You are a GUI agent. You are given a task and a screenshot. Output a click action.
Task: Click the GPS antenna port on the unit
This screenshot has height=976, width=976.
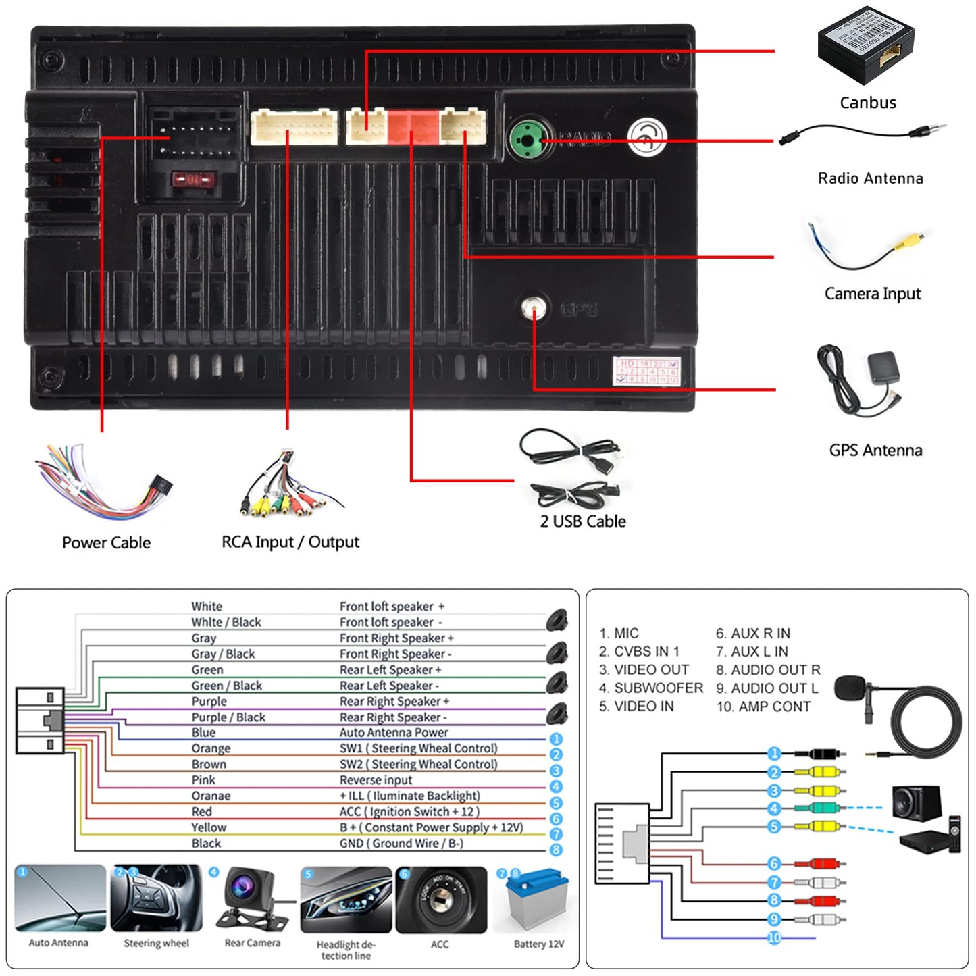pyautogui.click(x=534, y=309)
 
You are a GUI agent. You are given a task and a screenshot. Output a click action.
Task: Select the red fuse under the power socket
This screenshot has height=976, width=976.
pyautogui.click(x=192, y=180)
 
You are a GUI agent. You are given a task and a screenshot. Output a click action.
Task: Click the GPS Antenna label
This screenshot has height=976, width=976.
pyautogui.click(x=875, y=450)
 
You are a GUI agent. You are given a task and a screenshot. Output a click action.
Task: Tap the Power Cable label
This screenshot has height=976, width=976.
pyautogui.click(x=106, y=542)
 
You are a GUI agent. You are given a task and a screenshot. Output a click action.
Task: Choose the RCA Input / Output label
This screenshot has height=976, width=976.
pyautogui.click(x=290, y=542)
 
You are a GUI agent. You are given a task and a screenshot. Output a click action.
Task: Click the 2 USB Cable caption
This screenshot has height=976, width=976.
pyautogui.click(x=582, y=521)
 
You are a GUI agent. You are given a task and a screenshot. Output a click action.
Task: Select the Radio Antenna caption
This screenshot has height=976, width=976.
pyautogui.click(x=870, y=178)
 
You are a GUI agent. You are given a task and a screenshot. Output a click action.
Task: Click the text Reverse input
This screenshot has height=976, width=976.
pyautogui.click(x=376, y=780)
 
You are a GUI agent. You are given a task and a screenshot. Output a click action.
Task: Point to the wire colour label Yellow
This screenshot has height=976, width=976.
pyautogui.click(x=209, y=827)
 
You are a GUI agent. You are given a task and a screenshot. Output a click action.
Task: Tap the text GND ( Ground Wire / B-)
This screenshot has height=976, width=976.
pyautogui.click(x=401, y=844)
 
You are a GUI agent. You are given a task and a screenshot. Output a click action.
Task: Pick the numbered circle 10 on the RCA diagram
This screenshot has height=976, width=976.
pyautogui.click(x=774, y=938)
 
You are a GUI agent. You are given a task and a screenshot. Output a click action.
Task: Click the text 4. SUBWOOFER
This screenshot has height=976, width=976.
pyautogui.click(x=651, y=688)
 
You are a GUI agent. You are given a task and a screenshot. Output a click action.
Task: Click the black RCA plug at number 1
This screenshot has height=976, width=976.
pyautogui.click(x=820, y=754)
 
